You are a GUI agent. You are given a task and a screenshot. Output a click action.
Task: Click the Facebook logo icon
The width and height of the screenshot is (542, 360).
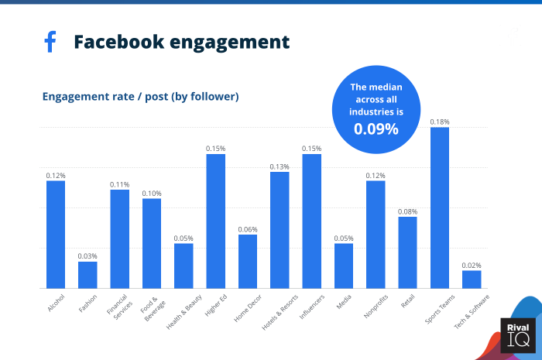50,42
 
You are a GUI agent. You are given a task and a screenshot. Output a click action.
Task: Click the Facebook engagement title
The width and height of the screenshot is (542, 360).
181,42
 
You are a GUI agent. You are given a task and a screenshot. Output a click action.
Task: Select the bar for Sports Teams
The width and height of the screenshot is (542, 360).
440,207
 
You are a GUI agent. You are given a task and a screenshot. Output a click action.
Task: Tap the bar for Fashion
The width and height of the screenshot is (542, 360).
87,275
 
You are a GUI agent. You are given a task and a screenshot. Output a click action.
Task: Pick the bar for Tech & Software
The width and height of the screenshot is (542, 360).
472,279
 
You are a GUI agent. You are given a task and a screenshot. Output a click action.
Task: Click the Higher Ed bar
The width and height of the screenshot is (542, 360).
215,221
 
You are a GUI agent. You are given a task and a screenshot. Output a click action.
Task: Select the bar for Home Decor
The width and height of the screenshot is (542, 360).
248,261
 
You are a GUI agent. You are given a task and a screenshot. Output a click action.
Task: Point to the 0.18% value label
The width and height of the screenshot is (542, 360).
440,122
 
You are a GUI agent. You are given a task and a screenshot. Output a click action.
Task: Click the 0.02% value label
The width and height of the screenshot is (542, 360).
472,265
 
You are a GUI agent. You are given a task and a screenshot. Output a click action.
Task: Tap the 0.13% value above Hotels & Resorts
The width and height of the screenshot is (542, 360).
280,166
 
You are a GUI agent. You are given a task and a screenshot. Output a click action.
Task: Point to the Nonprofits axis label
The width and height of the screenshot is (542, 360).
375,306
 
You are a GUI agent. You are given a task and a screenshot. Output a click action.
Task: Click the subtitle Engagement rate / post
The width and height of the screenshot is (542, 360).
140,97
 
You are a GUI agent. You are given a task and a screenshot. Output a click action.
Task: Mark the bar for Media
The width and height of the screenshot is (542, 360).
344,266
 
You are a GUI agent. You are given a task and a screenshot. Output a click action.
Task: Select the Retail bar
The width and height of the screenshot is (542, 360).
407,252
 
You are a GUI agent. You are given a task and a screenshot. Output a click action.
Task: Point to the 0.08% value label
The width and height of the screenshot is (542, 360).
407,211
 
